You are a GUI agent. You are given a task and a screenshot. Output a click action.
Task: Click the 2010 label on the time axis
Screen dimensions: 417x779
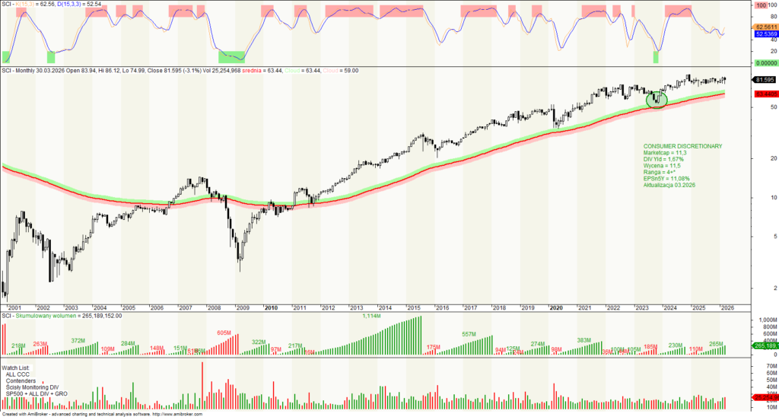coord(271,307)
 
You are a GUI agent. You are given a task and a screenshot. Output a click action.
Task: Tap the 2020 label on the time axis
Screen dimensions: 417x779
coord(555,307)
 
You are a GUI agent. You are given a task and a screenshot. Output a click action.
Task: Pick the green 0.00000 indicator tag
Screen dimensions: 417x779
coord(764,63)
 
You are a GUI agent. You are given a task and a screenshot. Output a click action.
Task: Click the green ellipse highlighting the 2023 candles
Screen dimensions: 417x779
coord(656,99)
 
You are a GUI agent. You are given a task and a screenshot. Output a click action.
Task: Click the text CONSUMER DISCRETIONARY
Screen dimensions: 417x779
coord(682,145)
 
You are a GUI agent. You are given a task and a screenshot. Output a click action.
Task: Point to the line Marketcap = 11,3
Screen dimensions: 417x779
coord(665,152)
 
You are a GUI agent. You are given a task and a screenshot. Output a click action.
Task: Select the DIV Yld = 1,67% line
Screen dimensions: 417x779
coord(663,159)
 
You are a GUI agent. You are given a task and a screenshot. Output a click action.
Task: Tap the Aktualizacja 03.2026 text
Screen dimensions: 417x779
coord(669,186)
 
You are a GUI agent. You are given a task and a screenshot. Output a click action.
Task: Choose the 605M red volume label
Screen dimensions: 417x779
coord(224,333)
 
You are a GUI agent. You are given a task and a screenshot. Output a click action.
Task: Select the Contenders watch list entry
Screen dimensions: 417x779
coord(23,381)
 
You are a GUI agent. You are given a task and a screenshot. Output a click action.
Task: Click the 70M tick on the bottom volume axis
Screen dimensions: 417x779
coord(760,366)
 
